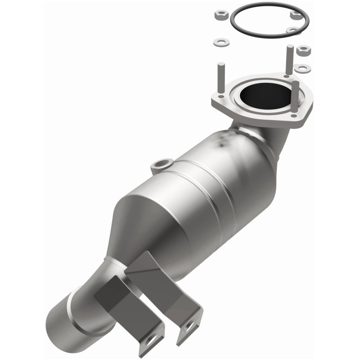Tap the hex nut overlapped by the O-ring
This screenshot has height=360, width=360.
(296, 15)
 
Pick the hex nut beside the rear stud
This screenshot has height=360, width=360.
(304, 50)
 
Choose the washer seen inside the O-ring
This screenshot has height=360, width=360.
(292, 31)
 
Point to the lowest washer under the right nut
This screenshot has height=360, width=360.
(302, 68)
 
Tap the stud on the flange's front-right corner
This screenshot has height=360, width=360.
(294, 97)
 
